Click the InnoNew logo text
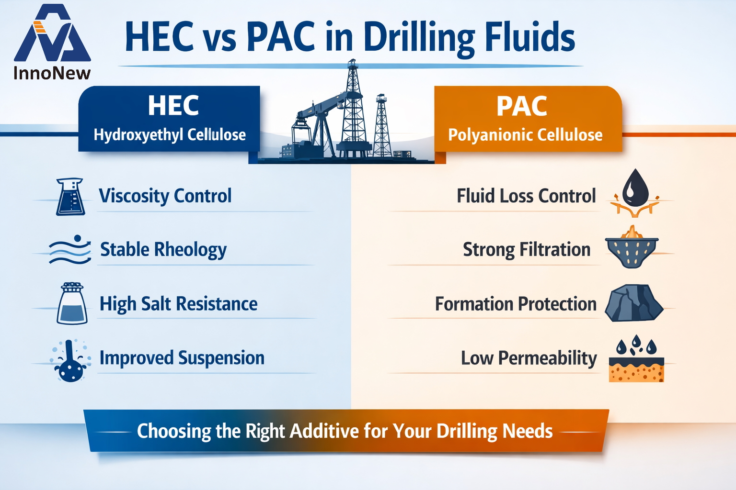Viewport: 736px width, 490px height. (x=52, y=73)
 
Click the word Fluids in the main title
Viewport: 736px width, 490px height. (x=529, y=38)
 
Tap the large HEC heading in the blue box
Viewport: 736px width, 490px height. (x=173, y=106)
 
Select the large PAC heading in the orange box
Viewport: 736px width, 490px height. (x=521, y=106)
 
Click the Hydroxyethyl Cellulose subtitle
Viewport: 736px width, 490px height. (x=170, y=135)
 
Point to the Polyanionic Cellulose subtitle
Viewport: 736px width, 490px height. (x=525, y=135)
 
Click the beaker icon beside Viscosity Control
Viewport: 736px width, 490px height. (x=70, y=197)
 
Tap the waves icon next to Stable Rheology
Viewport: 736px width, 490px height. (x=70, y=250)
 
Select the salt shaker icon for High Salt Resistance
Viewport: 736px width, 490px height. (x=72, y=303)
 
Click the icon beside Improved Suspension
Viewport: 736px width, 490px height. (x=70, y=361)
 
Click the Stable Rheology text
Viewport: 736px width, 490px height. (x=163, y=250)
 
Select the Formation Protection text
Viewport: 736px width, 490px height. (x=516, y=304)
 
